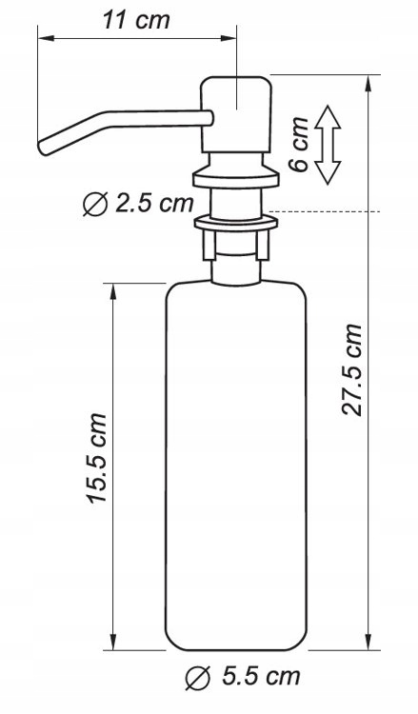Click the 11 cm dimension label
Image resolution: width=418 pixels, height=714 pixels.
(133, 22)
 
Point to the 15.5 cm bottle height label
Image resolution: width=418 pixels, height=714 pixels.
(96, 459)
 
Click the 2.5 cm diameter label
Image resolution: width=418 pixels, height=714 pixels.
(152, 203)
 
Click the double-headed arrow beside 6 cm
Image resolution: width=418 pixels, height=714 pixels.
(328, 144)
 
